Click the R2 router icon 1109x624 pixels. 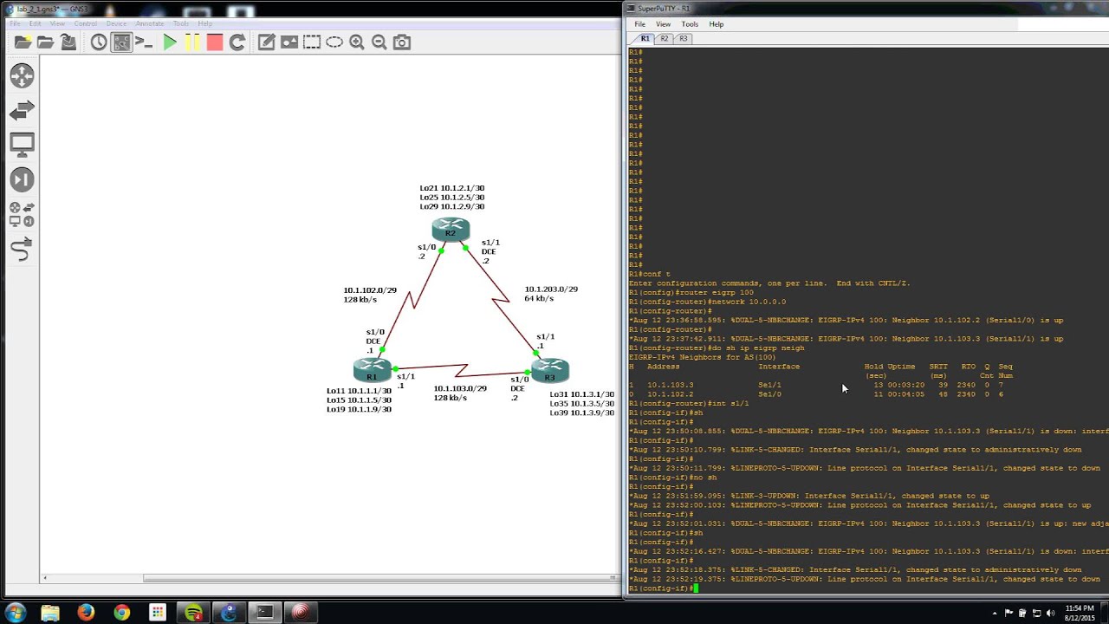coord(451,230)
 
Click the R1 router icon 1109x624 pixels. coord(372,371)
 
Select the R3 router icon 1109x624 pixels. coord(550,371)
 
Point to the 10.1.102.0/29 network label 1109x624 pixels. coord(370,290)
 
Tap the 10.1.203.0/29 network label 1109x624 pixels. coord(551,289)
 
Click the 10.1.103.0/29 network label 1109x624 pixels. coord(460,388)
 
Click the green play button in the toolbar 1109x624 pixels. coord(170,42)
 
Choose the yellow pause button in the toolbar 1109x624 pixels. coord(192,42)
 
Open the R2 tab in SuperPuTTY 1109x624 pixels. coord(665,39)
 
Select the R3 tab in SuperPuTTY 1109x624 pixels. coord(684,39)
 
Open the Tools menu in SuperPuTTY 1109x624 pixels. coord(690,24)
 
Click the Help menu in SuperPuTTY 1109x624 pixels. coord(717,24)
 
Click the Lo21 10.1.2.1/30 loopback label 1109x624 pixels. coord(451,188)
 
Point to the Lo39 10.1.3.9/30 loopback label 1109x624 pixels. coord(581,413)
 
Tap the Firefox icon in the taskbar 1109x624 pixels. coord(86,612)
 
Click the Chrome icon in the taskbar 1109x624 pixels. coord(121,612)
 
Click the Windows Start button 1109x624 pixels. coord(16,612)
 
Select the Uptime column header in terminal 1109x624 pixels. coord(901,367)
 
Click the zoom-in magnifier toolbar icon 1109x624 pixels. coord(357,42)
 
